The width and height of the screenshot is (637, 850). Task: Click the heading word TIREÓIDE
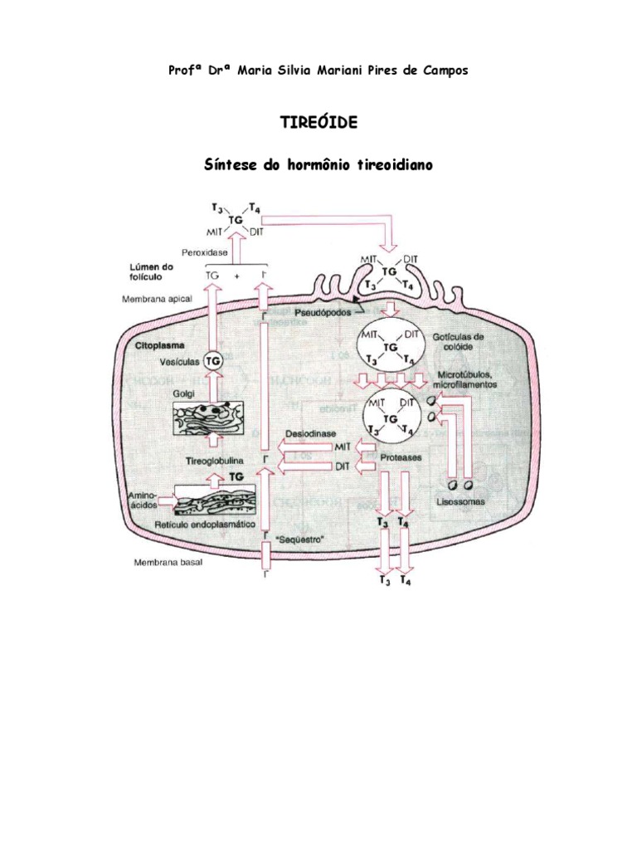(x=319, y=122)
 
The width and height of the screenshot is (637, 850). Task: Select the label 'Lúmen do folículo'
(x=149, y=272)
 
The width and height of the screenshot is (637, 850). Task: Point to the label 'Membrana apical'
(x=159, y=297)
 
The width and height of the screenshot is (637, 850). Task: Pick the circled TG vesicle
(x=214, y=361)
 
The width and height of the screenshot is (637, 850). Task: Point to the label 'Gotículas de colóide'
(x=462, y=343)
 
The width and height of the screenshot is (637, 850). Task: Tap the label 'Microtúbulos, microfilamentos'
(x=469, y=380)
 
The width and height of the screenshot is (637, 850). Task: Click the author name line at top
(x=318, y=71)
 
